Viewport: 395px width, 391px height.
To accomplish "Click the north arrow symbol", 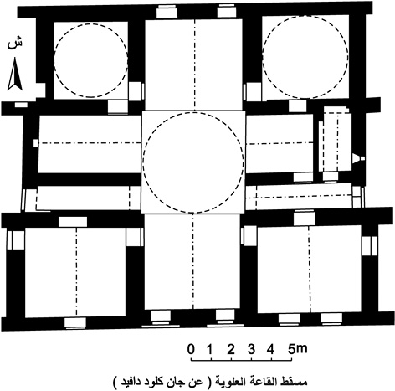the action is (15, 74).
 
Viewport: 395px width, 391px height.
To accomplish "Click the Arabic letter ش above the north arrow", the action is (14, 43).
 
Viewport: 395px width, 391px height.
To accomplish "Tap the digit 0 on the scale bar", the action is (191, 349).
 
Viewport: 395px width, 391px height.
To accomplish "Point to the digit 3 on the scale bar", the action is (252, 349).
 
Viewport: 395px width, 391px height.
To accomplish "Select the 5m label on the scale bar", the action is (298, 349).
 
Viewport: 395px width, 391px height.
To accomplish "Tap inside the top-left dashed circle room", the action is (91, 60).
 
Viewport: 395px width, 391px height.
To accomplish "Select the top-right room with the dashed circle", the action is (305, 57).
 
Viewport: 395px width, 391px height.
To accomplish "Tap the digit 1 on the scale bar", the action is (210, 349).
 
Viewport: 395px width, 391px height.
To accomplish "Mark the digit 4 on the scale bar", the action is (271, 349).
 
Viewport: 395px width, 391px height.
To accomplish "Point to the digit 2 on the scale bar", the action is (231, 349).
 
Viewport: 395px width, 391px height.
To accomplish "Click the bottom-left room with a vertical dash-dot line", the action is (75, 272).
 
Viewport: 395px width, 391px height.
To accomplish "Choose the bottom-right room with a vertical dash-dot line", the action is (309, 269).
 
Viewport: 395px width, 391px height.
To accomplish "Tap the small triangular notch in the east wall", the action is (356, 158).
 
